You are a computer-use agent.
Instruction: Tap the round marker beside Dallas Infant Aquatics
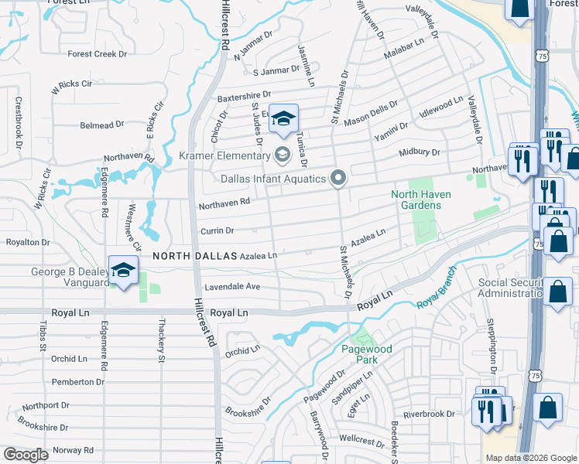337,179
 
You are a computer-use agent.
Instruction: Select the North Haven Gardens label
416,200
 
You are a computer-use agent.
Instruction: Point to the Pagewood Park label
367,354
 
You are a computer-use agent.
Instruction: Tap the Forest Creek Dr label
97,54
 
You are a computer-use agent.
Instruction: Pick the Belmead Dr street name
101,125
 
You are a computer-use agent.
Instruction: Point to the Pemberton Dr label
77,382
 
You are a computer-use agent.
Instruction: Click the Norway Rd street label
74,450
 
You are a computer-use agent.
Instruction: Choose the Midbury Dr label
419,153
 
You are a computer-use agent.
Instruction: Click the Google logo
26,455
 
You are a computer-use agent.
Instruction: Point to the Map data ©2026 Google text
531,458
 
